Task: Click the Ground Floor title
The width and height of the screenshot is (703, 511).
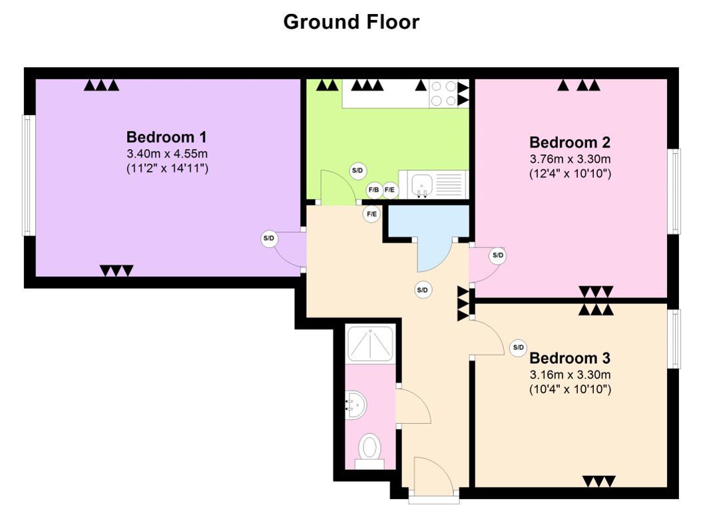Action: (x=351, y=21)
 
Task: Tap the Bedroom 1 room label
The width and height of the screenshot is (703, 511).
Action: (x=166, y=136)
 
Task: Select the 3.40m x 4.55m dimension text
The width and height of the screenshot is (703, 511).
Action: (x=167, y=154)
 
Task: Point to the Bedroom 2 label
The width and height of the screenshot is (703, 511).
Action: (x=570, y=142)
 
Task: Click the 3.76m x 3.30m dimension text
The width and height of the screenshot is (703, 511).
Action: (x=571, y=159)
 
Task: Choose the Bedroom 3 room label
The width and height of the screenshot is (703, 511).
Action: (x=570, y=358)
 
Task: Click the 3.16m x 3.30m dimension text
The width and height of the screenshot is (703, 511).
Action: (x=571, y=375)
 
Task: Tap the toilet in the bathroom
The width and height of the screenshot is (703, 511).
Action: (x=370, y=450)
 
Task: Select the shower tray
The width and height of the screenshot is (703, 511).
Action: (x=371, y=344)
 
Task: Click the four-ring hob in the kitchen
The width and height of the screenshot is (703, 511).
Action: (x=443, y=93)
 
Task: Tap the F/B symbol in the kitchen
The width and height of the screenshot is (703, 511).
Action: (x=374, y=190)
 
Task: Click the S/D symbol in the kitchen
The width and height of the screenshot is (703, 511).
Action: (x=357, y=171)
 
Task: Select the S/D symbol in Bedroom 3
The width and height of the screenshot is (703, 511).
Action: (x=519, y=347)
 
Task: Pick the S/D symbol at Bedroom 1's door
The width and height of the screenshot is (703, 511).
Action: (x=268, y=238)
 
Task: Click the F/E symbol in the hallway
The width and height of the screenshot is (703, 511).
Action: (x=371, y=214)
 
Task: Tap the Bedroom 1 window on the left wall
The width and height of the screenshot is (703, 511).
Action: (x=29, y=175)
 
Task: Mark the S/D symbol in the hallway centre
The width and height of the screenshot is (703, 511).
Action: (x=422, y=290)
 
